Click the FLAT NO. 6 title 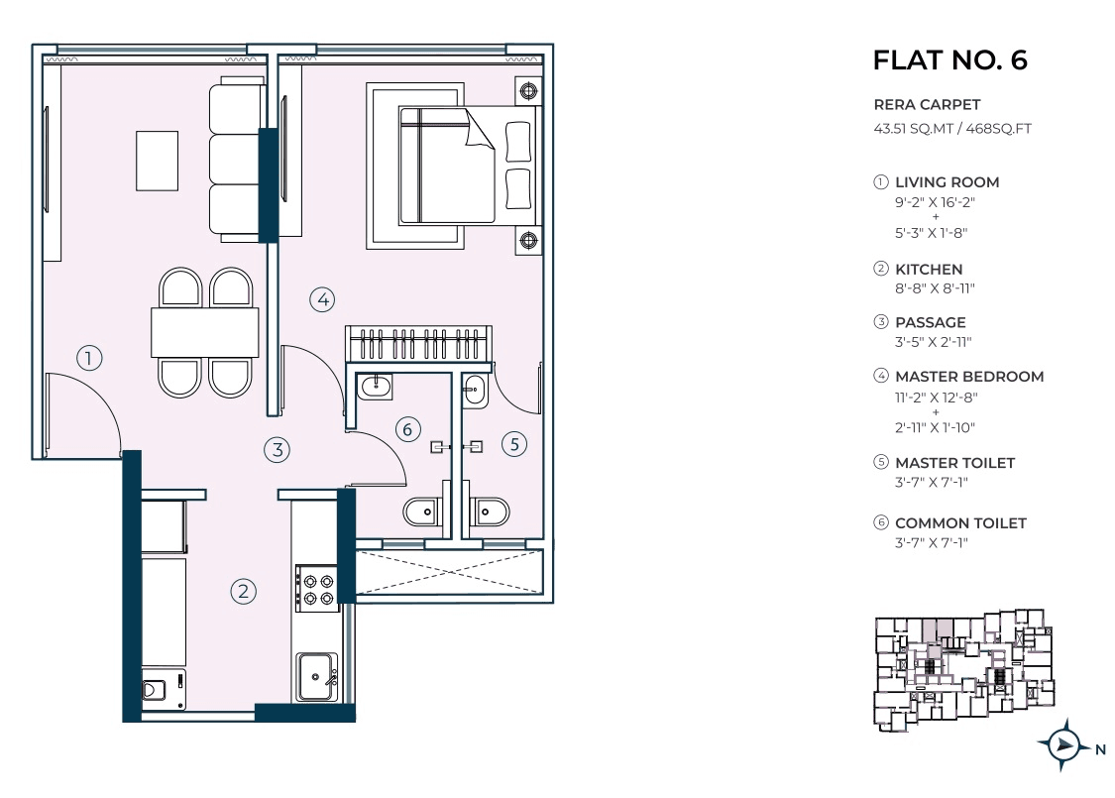tap(949, 60)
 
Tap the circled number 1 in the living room tap(89, 358)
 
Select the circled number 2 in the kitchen tap(244, 592)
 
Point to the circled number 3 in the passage tap(279, 449)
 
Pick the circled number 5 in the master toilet tap(512, 444)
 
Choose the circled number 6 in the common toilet tap(406, 429)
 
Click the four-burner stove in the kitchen tap(316, 588)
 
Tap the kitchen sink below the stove tap(316, 676)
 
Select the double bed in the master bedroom tap(466, 165)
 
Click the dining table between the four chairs tap(204, 332)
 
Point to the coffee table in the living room tap(157, 161)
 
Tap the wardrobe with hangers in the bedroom tap(417, 344)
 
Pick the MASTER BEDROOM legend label tap(968, 377)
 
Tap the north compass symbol tap(1063, 744)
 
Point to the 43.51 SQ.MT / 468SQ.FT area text tap(951, 128)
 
